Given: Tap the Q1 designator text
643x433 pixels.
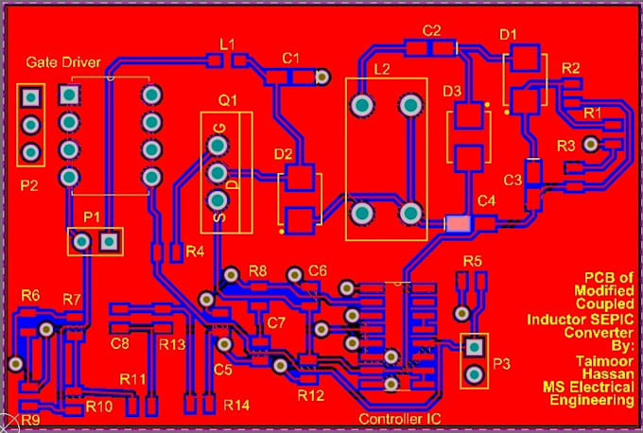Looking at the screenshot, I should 228,99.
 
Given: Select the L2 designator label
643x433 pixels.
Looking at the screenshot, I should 382,69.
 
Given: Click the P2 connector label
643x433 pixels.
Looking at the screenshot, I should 29,185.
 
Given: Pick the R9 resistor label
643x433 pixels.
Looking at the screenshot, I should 30,419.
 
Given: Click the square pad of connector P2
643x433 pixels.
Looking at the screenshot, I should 31,96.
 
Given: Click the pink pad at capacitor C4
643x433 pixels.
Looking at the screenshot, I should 458,223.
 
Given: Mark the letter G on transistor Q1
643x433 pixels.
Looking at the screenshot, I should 219,128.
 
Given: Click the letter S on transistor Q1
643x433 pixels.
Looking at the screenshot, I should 218,218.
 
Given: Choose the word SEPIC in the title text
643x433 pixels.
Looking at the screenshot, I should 613,320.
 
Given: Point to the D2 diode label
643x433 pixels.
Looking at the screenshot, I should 283,154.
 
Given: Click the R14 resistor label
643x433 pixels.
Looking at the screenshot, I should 237,405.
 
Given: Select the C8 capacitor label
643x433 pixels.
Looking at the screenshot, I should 119,343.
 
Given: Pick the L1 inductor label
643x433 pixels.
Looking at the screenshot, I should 227,43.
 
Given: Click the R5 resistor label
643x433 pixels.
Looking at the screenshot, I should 473,261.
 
